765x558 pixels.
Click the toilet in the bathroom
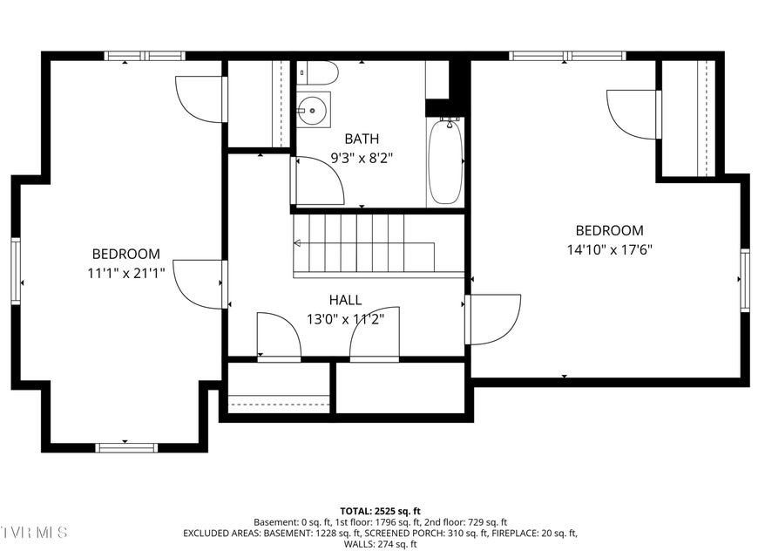(317, 73)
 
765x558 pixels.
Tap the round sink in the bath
(312, 110)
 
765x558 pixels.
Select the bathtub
(445, 163)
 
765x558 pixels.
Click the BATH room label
(362, 139)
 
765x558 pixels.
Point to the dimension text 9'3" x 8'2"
(362, 158)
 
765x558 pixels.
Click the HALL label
(345, 300)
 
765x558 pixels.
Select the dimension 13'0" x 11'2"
(345, 319)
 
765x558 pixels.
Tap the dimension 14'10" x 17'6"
(609, 249)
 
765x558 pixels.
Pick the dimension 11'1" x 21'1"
(125, 273)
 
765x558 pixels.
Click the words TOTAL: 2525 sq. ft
(380, 512)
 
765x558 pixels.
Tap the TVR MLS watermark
(33, 532)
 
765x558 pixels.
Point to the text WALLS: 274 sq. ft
(380, 544)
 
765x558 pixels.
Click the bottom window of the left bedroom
(126, 447)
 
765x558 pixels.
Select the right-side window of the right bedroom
(745, 280)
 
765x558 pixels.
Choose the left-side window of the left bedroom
(16, 271)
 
